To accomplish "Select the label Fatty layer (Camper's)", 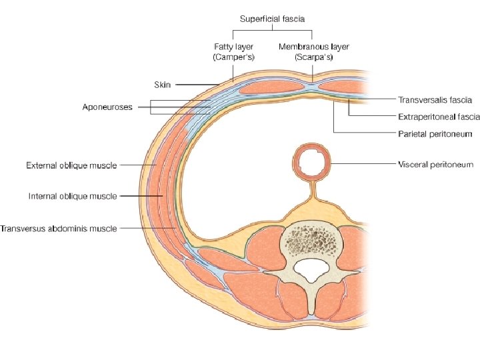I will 233,52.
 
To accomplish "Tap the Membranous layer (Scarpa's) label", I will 313,52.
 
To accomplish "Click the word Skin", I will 163,85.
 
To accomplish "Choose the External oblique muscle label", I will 71,165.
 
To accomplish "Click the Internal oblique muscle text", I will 73,196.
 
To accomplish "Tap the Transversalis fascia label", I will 435,100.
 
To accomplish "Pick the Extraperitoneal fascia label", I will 439,116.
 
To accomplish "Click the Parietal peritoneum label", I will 435,133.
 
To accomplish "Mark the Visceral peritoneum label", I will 435,164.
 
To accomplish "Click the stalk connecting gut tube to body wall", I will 312,197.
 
